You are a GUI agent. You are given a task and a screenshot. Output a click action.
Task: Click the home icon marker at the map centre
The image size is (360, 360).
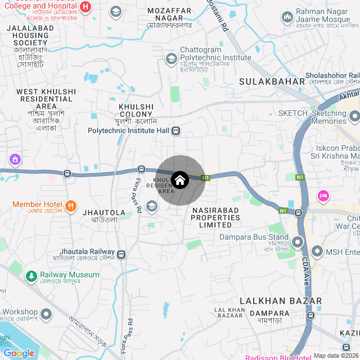point(179,180)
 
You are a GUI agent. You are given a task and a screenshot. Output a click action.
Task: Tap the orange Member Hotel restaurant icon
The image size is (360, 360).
point(70,205)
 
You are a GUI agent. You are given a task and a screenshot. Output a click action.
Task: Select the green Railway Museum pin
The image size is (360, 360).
point(31,276)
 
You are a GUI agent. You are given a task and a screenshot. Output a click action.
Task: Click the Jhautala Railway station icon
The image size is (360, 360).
point(121,254)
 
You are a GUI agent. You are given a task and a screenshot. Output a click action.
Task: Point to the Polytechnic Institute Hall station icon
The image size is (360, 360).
point(176,131)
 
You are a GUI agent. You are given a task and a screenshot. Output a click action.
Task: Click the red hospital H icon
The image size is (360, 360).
point(85,7)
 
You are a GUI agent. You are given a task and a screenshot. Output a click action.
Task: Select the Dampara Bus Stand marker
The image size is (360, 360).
point(298,242)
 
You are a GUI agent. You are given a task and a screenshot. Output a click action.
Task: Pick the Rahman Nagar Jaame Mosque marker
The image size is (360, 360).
point(287,16)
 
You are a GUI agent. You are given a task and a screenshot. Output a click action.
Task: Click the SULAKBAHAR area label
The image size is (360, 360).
point(272,82)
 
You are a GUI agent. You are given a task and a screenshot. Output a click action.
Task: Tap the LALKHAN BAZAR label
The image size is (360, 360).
point(281,301)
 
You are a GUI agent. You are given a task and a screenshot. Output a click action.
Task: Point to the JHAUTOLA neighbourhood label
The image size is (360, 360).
point(100,212)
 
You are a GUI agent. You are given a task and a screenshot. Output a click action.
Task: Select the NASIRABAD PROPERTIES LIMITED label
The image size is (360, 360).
point(211,217)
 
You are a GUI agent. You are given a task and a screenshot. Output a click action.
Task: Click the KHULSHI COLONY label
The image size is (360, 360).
point(136,110)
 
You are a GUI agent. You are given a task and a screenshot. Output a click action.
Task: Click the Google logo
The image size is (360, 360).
point(19,353)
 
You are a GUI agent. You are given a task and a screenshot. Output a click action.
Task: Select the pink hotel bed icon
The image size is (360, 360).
point(323,196)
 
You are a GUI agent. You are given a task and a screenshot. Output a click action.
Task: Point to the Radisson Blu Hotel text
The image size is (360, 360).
point(278,357)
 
